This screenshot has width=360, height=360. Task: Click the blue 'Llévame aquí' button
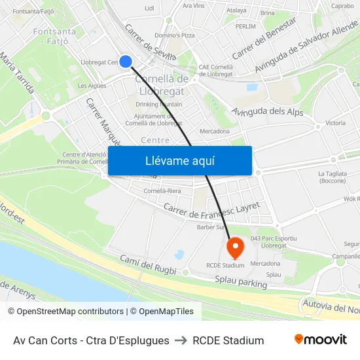click(180, 161)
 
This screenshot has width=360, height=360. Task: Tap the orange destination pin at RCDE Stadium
click(234, 247)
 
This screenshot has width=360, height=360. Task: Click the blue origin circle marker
click(126, 62)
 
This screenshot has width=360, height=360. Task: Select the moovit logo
click(321, 340)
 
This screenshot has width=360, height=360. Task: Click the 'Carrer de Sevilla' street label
click(150, 43)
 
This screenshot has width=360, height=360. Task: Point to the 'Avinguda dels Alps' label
click(268, 112)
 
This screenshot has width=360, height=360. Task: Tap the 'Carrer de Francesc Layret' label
click(212, 211)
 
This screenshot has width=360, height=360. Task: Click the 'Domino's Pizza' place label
click(175, 35)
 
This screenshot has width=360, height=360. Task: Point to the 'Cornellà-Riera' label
click(162, 191)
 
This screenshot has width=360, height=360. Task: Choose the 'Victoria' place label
click(335, 123)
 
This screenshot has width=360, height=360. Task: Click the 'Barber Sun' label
click(211, 228)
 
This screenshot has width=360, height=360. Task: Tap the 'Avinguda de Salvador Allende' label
click(306, 46)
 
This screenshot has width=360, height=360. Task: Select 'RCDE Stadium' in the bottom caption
click(228, 340)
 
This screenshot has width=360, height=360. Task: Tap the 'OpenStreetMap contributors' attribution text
click(68, 312)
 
